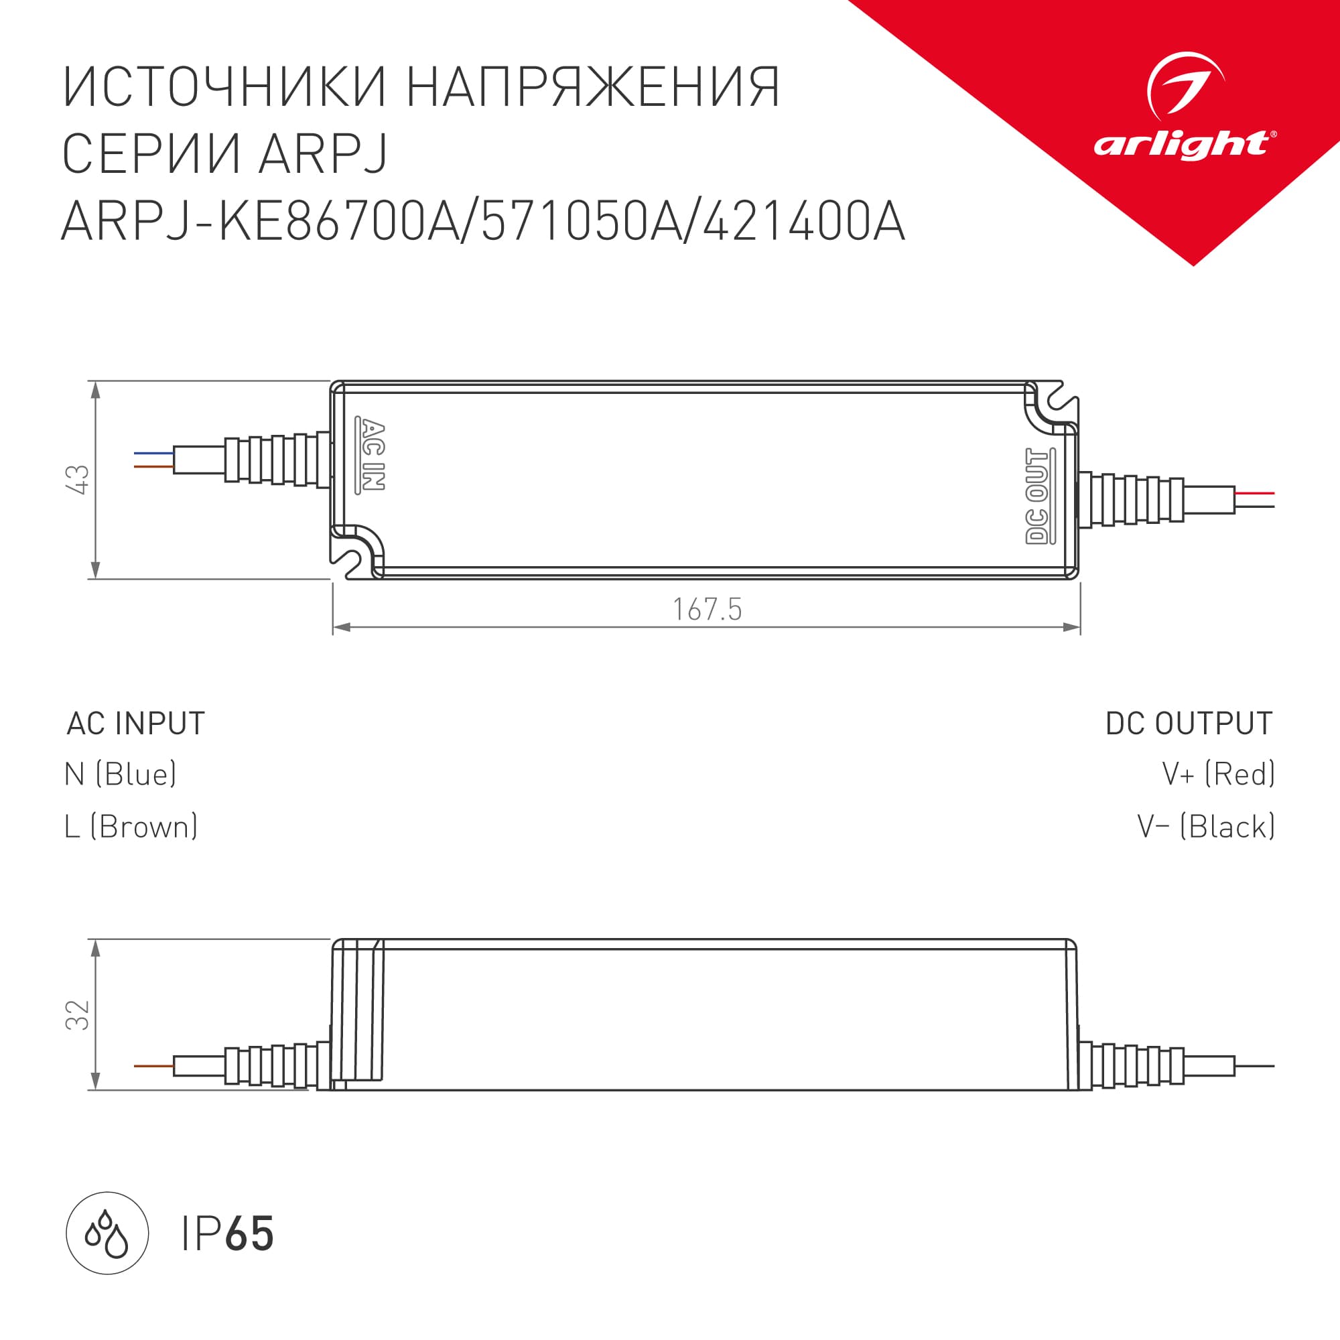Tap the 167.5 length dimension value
pos(707,609)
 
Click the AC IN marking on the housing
pos(371,454)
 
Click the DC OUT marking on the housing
pos(1038,496)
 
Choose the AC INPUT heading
pos(135,724)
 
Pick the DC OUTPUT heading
pos(1189,724)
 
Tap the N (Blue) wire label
pos(120,774)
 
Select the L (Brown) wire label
pos(131,827)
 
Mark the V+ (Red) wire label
pos(1218,774)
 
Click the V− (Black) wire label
pos(1205,827)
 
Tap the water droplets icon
pos(107,1234)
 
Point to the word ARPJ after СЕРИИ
pos(322,154)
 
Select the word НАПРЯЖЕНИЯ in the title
pos(594,87)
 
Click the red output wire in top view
pos(1255,493)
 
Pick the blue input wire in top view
pos(153,454)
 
